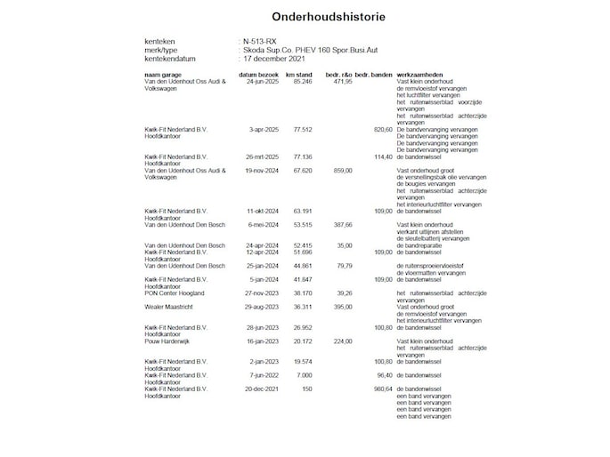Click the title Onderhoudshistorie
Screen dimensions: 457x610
(x=305, y=15)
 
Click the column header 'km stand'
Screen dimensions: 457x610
(x=298, y=74)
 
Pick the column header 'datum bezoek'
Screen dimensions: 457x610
(x=258, y=74)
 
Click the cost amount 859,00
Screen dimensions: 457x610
(x=343, y=169)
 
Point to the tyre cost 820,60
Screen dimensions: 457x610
(x=383, y=129)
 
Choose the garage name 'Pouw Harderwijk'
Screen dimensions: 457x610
(x=165, y=341)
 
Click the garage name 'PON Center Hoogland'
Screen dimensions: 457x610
(x=175, y=293)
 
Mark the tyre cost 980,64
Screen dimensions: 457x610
(x=383, y=389)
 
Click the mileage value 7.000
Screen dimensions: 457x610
(x=304, y=375)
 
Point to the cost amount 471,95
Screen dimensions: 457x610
(x=343, y=81)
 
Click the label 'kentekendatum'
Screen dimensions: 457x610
(x=169, y=58)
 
